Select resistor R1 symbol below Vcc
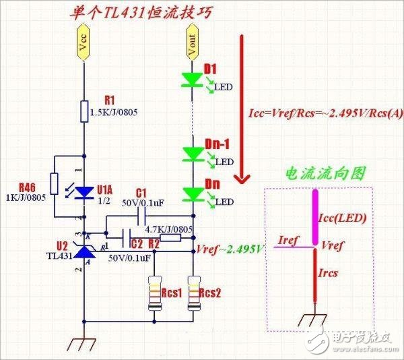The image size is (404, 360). click(x=84, y=111)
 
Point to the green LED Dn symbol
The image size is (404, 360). click(x=193, y=195)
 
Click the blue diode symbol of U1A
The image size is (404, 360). click(x=84, y=191)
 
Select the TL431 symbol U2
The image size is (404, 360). click(x=84, y=251)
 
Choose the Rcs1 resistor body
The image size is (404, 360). click(x=156, y=295)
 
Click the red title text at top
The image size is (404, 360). click(x=135, y=13)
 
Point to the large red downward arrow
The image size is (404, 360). click(x=240, y=108)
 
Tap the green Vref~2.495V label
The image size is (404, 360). click(x=231, y=249)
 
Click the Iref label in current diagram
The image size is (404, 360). click(x=288, y=239)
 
